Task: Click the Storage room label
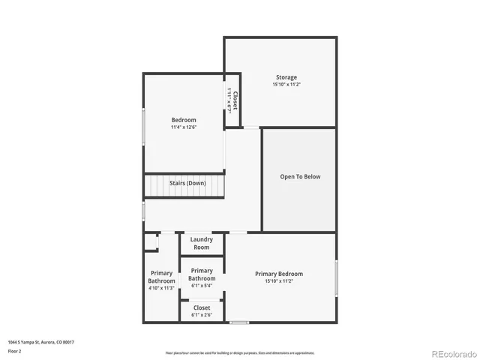tap(286, 77)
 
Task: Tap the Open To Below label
tap(300, 177)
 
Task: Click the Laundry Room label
tap(202, 243)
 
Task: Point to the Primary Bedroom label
tap(279, 274)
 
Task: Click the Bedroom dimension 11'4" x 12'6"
tap(184, 128)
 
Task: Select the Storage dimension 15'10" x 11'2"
tap(286, 85)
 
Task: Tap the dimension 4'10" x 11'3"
tap(161, 288)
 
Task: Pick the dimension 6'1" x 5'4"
tap(202, 286)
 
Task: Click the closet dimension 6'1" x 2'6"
tap(202, 316)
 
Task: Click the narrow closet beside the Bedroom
tap(233, 100)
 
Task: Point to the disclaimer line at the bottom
tap(240, 352)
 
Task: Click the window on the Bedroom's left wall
tap(143, 127)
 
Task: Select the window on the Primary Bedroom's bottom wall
tap(238, 322)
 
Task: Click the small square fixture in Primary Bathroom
tap(151, 242)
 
